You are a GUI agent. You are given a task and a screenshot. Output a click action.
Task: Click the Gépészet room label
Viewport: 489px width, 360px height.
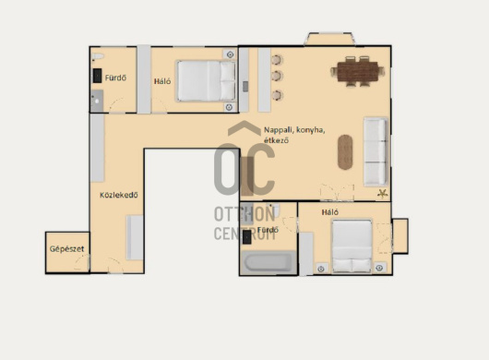(67, 249)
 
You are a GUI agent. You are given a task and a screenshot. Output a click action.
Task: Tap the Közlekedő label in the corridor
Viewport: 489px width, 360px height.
(118, 196)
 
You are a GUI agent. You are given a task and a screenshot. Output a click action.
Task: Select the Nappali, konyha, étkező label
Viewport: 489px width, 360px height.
(294, 135)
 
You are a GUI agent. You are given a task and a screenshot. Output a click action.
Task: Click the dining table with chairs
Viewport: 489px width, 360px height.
(358, 71)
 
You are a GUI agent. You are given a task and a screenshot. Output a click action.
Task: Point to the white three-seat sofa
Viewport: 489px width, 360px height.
(376, 152)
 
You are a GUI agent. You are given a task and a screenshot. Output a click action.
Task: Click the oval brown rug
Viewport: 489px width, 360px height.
(345, 152)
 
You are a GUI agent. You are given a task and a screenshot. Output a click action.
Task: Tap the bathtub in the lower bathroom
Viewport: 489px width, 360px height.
(268, 262)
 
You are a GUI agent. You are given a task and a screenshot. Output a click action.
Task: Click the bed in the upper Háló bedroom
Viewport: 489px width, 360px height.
(206, 81)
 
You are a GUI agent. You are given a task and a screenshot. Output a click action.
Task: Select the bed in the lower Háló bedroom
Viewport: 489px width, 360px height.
(352, 246)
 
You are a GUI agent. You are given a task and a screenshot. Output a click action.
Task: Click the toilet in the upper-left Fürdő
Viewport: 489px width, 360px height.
(98, 56)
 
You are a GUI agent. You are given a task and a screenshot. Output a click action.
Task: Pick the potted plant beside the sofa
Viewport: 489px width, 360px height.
(382, 194)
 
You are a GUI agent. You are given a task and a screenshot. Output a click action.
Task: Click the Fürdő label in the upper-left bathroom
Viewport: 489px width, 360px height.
(115, 78)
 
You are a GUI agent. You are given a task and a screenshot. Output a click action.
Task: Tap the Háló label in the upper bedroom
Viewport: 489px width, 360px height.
(162, 81)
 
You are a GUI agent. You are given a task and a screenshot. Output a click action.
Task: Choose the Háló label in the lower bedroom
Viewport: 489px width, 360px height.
(330, 212)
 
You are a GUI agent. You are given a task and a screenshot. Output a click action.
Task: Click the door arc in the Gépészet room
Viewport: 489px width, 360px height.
(82, 261)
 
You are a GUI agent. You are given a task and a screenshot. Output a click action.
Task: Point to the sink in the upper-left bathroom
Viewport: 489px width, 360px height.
(97, 101)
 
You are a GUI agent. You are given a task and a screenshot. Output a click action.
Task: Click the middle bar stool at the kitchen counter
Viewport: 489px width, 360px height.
(277, 76)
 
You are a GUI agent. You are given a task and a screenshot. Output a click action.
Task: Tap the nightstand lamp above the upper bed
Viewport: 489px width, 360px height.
(230, 54)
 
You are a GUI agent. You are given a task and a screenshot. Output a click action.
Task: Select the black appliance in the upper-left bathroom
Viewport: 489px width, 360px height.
(97, 76)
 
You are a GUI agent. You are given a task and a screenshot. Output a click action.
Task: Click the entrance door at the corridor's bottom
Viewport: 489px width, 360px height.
(114, 265)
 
